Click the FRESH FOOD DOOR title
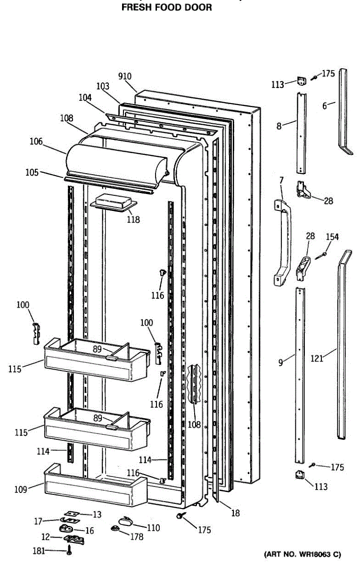click(167, 8)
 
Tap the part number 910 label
click(125, 77)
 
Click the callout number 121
click(317, 358)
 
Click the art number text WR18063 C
click(302, 554)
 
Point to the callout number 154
click(333, 237)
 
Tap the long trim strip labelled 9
click(300, 377)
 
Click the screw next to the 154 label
click(323, 255)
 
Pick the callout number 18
click(235, 513)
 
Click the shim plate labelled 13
click(72, 513)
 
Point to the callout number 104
click(85, 97)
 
